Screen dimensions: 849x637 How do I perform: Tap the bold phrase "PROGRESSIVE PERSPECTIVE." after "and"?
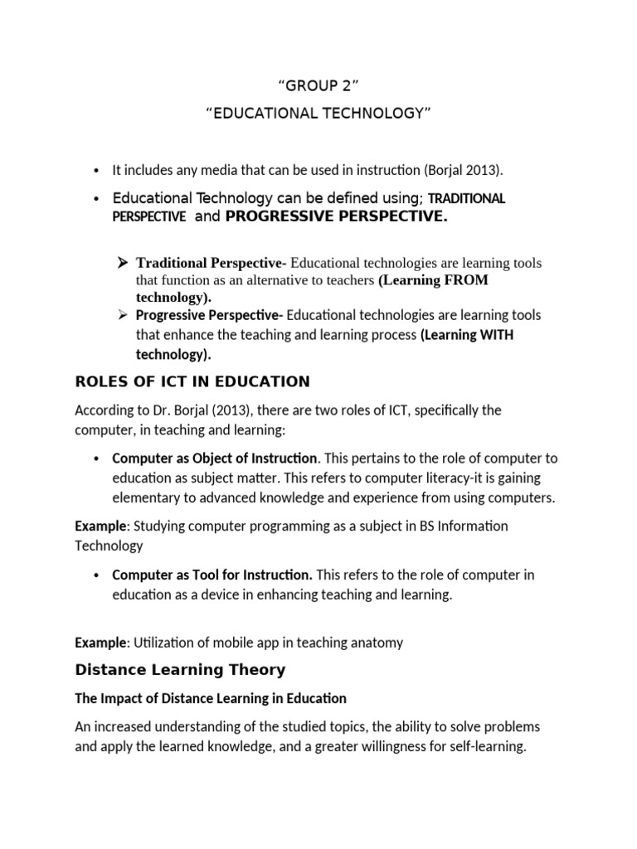337,216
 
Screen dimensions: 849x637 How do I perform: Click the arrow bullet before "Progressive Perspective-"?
122,315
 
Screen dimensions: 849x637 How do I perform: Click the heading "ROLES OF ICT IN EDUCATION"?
192,381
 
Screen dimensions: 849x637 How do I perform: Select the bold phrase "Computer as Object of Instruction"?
215,458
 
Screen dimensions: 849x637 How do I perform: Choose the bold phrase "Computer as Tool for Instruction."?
212,575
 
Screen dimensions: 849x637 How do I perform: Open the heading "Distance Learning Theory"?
180,669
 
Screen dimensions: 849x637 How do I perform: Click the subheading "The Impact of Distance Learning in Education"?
211,698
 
